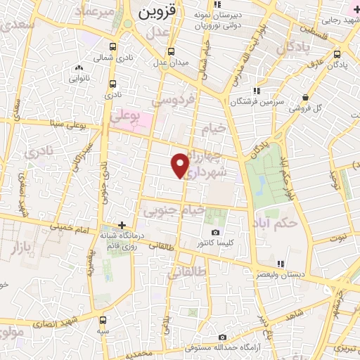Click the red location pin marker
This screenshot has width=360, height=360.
181,165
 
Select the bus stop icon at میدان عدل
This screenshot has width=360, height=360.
172,51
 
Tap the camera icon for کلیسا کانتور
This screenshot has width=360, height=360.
215,232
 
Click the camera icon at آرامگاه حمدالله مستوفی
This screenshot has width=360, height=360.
222,337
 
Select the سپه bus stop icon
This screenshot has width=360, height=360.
103,320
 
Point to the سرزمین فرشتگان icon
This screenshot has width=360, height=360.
257,90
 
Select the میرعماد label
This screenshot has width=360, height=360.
96,13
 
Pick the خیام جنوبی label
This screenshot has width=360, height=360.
174,210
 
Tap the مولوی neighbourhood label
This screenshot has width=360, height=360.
10,331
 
